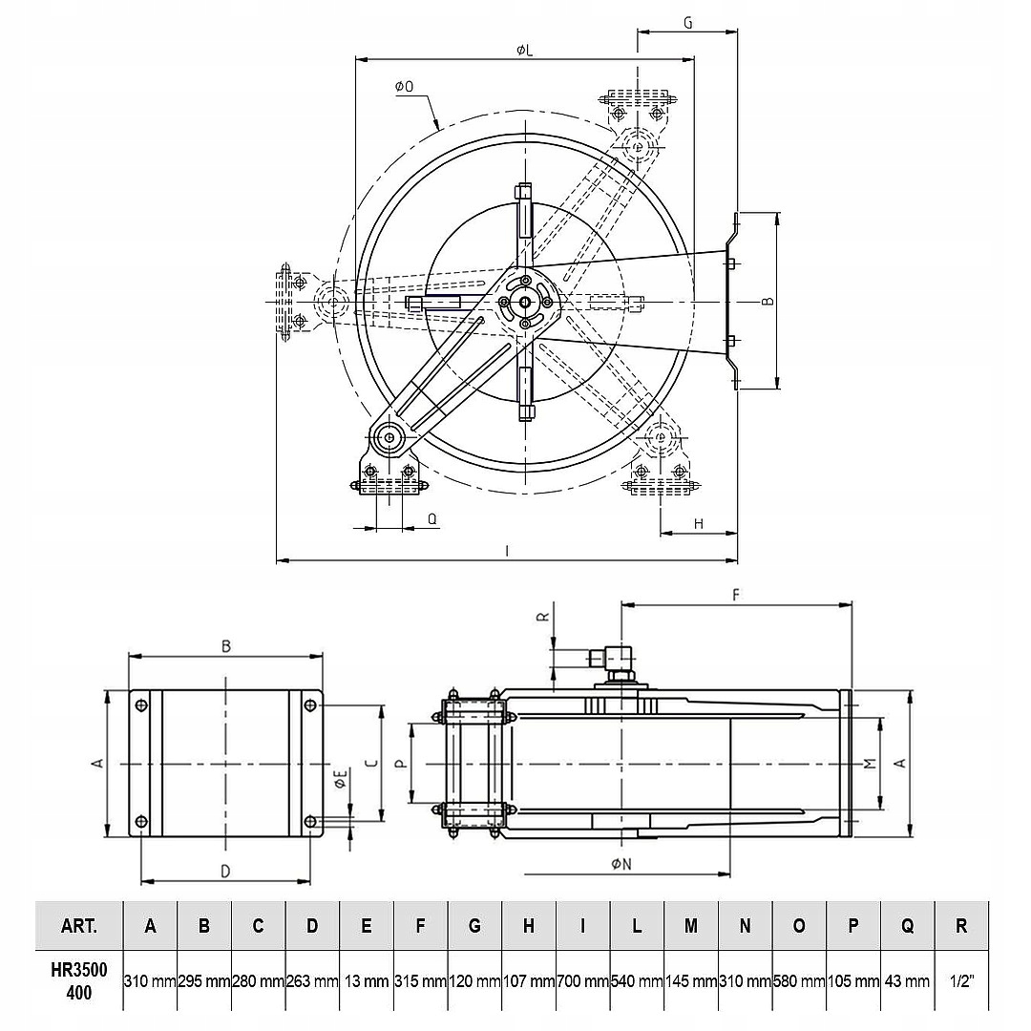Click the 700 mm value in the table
583,981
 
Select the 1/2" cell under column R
961,981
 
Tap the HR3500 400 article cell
79,981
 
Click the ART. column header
79,926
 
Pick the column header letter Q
907,926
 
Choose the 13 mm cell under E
367,981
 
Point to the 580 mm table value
799,981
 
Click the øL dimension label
524,50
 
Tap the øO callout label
405,86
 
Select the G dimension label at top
687,23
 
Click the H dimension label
698,523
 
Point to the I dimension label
507,551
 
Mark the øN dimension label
621,864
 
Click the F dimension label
736,595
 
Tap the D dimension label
225,872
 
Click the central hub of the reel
525,302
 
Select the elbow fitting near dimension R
612,662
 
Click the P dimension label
402,764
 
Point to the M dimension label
870,763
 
